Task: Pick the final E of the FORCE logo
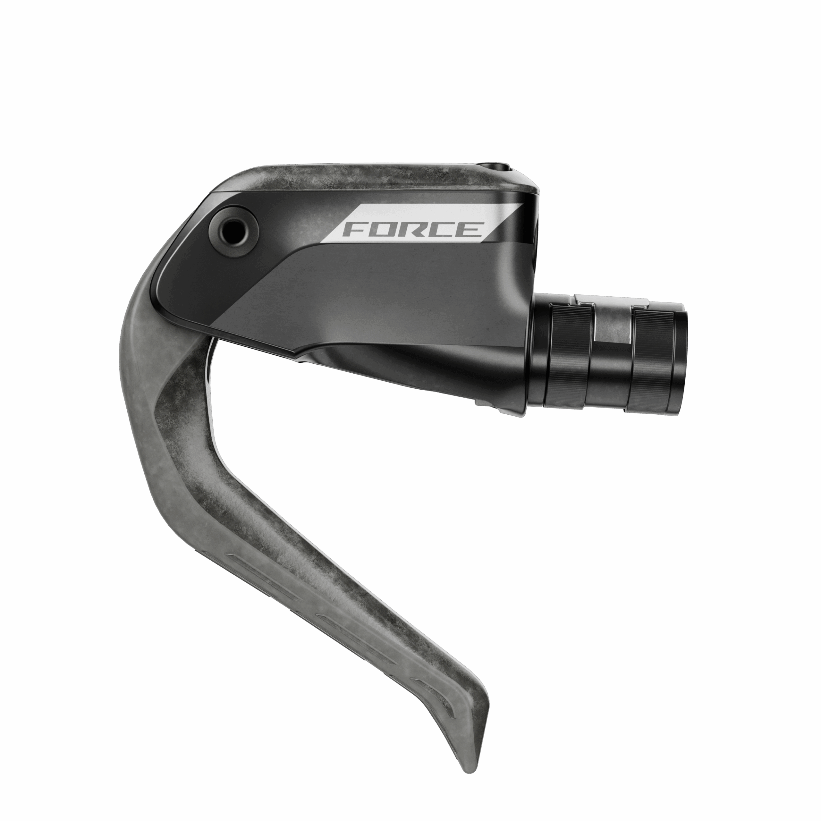(x=469, y=230)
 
